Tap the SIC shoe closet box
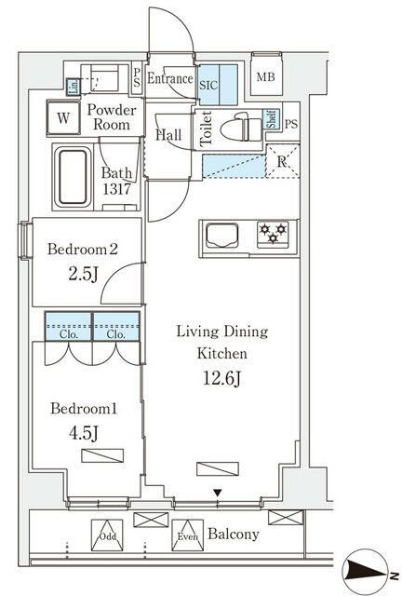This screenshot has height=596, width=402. tap(208, 82)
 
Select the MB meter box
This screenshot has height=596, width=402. tap(266, 78)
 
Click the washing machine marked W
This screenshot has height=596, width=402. tap(63, 118)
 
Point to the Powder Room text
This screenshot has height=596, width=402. tap(113, 117)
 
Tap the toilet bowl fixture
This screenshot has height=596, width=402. tap(241, 126)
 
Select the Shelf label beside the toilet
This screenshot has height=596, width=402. tap(271, 119)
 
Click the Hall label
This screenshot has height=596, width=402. tap(168, 135)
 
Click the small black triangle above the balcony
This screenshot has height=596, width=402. tap(218, 492)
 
